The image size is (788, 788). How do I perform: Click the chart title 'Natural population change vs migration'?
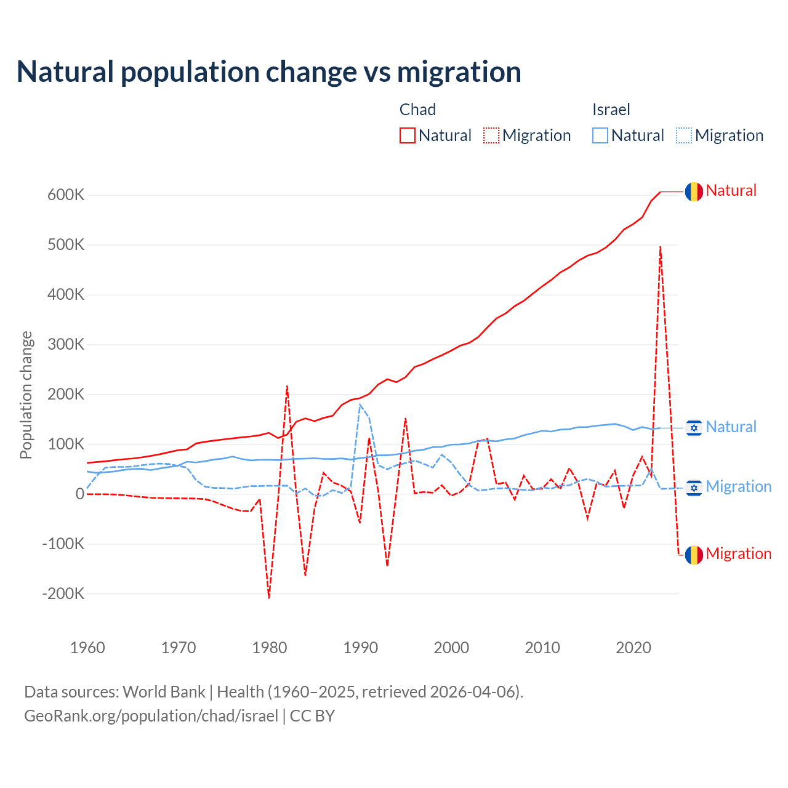(269, 72)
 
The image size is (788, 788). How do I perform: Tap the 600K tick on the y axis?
(66, 195)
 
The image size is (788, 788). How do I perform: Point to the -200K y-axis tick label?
(63, 594)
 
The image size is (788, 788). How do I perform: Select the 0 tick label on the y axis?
(80, 494)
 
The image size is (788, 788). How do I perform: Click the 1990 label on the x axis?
(361, 648)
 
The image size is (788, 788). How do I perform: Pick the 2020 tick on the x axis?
(633, 648)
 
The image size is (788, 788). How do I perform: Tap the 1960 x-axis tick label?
(88, 648)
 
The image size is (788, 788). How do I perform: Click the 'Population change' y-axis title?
(26, 395)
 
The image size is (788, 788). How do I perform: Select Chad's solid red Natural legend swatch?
(408, 135)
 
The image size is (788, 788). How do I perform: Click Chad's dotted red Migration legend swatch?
(491, 135)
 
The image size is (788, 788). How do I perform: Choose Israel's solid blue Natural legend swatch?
(600, 135)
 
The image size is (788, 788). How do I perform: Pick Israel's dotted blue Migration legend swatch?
(684, 135)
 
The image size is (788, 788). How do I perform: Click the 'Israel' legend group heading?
(611, 110)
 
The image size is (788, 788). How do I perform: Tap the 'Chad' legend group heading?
(417, 110)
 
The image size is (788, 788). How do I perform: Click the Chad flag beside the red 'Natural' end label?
(694, 191)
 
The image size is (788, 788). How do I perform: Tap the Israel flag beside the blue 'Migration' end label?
(694, 488)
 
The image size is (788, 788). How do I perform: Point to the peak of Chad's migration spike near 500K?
(661, 247)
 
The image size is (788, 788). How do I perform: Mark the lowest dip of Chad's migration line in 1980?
(269, 597)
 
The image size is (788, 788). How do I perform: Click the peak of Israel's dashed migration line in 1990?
(360, 404)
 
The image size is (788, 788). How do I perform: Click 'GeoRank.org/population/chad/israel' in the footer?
(151, 716)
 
